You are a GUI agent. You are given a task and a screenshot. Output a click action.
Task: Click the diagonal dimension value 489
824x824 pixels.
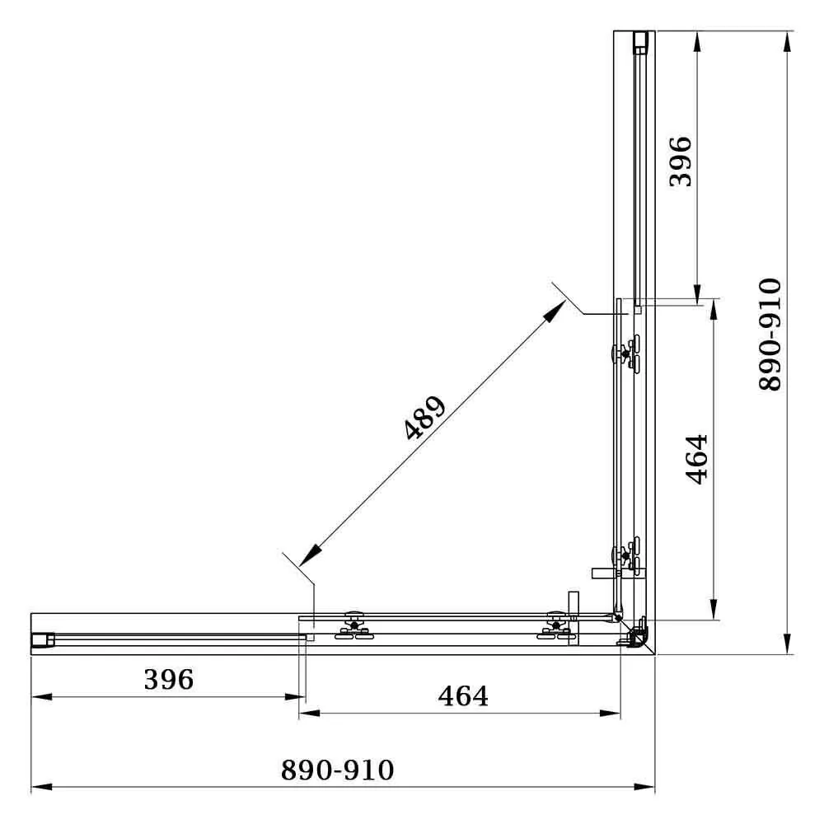425,418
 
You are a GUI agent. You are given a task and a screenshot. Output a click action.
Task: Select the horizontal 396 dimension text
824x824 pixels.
168,680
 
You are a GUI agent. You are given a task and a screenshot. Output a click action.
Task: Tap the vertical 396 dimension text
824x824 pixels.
681,162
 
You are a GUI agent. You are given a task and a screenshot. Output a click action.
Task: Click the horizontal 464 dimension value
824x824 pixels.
463,696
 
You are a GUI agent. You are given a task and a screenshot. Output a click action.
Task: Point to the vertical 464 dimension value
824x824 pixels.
696,459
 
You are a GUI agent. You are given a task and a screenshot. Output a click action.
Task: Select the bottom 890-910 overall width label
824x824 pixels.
338,770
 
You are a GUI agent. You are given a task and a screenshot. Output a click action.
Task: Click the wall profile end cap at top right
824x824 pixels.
640,41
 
